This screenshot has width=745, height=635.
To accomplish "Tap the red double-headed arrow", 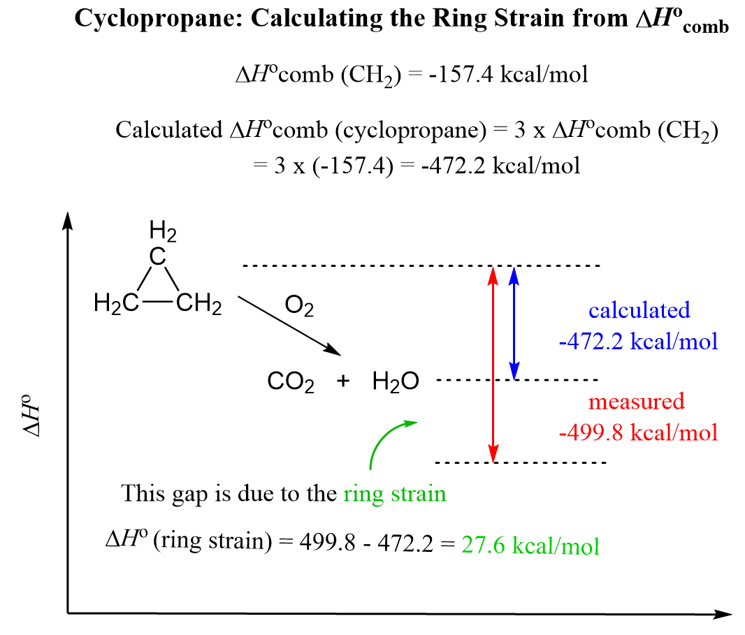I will point(494,364).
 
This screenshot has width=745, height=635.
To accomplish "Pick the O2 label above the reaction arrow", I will point(299,307).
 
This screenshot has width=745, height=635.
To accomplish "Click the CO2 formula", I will point(291,382).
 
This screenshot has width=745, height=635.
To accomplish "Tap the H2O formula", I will point(396,382).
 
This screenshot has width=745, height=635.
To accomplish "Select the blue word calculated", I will point(639,309).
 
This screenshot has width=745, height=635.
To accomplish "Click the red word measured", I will point(636,402).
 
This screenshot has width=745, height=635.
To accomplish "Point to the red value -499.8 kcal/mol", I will point(639,432).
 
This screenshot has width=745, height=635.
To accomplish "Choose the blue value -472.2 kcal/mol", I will point(639,342).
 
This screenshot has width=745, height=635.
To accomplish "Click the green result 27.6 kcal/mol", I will point(530,545).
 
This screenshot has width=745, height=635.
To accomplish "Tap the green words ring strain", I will point(395,494).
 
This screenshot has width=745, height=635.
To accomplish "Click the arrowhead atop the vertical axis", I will point(68,218).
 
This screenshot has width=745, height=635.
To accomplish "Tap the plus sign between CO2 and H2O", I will point(343,381).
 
